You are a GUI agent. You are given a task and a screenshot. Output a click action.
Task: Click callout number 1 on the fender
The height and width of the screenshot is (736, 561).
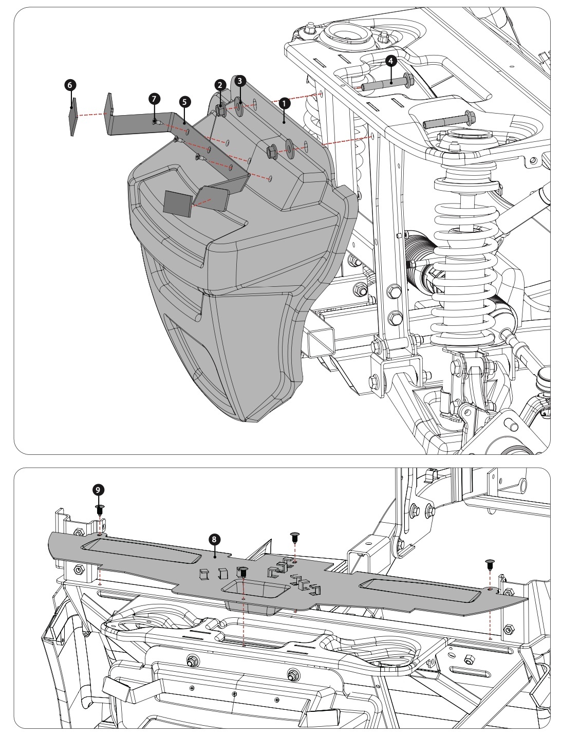coord(282,103)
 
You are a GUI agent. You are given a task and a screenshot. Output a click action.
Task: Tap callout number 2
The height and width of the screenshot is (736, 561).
coord(219,85)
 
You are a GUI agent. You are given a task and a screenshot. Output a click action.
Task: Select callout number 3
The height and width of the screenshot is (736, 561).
coord(239,81)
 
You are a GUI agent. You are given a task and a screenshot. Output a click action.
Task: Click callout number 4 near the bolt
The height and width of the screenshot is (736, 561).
coord(391,61)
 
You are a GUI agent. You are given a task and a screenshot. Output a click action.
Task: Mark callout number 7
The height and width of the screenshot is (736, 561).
coord(153,97)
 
